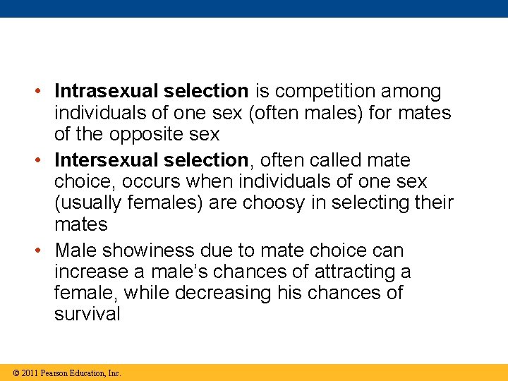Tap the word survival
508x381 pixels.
click(x=87, y=314)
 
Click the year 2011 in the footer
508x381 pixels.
click(x=30, y=373)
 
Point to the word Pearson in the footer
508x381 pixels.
click(x=55, y=373)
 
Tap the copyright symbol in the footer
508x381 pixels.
click(x=16, y=373)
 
